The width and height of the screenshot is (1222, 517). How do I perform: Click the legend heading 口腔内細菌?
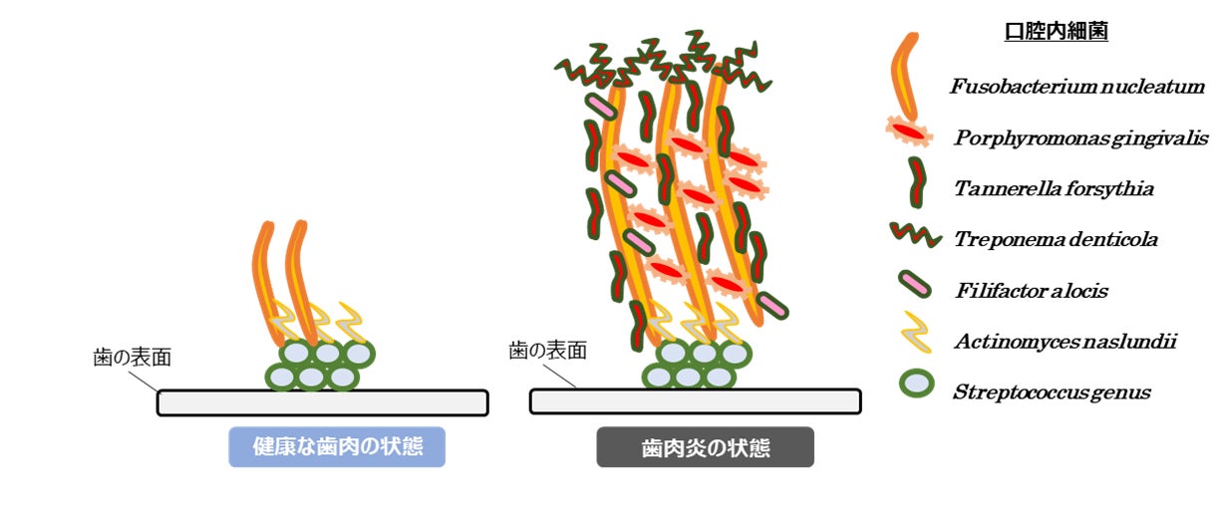(1057, 32)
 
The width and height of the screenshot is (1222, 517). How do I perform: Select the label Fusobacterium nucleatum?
(1076, 87)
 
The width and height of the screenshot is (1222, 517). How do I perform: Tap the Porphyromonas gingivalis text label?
(1080, 137)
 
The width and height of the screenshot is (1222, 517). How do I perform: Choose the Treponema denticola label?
(1056, 239)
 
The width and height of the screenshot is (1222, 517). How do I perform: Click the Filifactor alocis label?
(1031, 291)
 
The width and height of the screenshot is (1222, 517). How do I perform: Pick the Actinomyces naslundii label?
(1065, 342)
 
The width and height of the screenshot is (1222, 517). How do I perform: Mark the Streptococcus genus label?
(1052, 392)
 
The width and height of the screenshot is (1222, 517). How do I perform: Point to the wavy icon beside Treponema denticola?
(916, 236)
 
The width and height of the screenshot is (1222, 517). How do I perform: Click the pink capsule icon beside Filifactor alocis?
(914, 285)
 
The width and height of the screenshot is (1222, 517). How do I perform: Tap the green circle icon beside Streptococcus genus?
(915, 385)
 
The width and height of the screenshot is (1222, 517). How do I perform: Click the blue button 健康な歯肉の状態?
(337, 447)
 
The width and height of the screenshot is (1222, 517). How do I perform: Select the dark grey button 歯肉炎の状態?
(705, 447)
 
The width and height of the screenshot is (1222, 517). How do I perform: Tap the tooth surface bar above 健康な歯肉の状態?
(322, 402)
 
